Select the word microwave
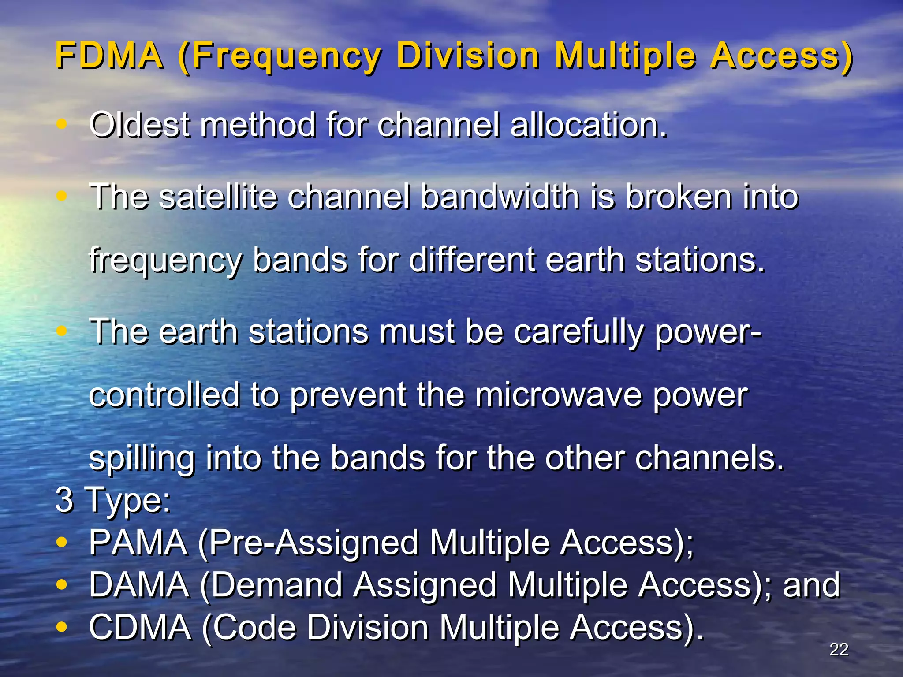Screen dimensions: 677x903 (x=558, y=395)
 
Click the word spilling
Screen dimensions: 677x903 (x=142, y=459)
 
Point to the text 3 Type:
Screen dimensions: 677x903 (x=113, y=500)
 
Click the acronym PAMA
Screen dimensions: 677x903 (x=138, y=543)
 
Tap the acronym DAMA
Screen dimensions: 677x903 (x=138, y=585)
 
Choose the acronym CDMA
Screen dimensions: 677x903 (x=140, y=627)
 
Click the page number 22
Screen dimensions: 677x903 (x=839, y=650)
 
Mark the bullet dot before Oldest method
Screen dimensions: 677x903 (x=62, y=125)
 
